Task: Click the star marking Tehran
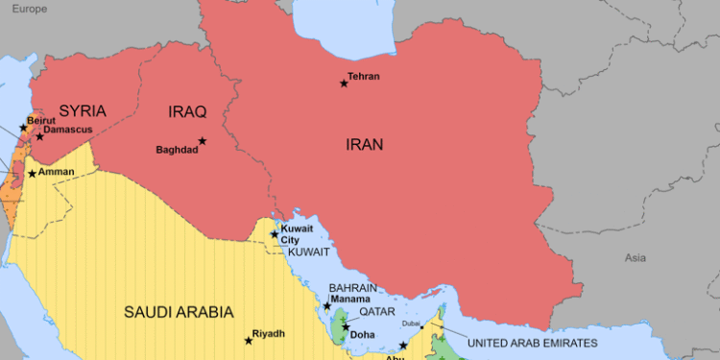[344, 84]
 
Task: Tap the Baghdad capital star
[203, 141]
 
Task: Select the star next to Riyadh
[248, 341]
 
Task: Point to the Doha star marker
[346, 327]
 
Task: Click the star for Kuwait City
[275, 233]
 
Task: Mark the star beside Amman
[32, 174]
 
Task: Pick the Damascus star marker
[39, 136]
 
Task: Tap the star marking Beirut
[23, 128]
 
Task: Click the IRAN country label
[364, 145]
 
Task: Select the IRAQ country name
[187, 112]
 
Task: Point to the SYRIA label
[83, 110]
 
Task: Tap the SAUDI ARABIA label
[179, 312]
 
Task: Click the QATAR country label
[377, 313]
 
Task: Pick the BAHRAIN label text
[352, 287]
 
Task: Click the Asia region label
[636, 257]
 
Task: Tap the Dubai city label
[411, 324]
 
